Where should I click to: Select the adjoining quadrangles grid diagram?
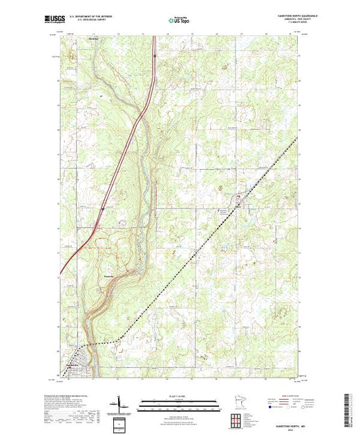point(236,419)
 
